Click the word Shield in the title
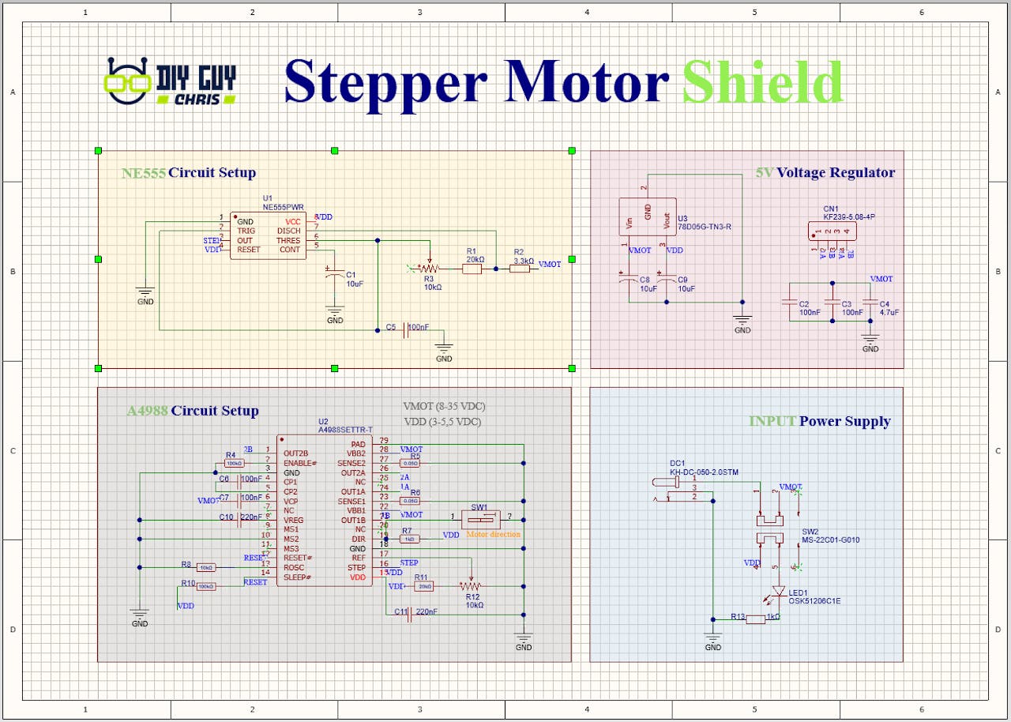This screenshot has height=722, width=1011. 762,82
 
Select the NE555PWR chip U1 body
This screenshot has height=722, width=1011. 269,235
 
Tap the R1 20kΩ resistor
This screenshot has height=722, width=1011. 472,269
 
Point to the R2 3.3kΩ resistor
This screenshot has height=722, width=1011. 519,269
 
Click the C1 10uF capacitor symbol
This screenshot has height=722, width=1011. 335,274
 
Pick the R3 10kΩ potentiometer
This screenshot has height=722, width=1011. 430,267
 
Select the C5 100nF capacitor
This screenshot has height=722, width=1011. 406,329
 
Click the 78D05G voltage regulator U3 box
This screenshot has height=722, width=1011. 648,216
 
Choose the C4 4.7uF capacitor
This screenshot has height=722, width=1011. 870,303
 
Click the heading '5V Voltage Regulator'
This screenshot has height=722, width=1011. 825,172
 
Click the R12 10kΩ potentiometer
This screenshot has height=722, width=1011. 471,587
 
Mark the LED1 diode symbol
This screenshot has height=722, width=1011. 779,591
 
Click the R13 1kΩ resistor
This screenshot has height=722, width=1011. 756,619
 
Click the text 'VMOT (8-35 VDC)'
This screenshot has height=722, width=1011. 444,406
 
